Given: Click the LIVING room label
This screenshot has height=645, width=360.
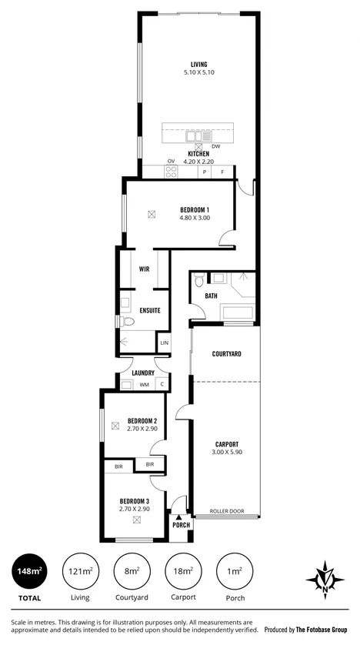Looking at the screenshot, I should click(x=199, y=64).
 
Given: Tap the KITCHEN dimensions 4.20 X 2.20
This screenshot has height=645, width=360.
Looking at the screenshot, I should click(x=199, y=162).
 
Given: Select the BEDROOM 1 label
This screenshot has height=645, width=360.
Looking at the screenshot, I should click(x=195, y=209).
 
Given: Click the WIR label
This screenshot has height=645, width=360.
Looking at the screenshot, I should click(x=144, y=269).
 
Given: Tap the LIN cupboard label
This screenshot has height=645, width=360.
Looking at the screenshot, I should click(x=163, y=343).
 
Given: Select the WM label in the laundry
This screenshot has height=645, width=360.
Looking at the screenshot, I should click(x=144, y=384).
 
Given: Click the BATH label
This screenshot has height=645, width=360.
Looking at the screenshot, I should click(x=211, y=296).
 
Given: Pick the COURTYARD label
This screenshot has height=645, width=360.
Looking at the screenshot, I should click(x=227, y=354).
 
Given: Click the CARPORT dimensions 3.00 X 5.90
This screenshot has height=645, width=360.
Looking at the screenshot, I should click(x=226, y=453).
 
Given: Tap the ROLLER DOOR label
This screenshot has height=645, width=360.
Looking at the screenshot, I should click(x=227, y=510).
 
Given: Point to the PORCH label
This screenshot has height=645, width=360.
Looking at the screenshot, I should click(x=181, y=526).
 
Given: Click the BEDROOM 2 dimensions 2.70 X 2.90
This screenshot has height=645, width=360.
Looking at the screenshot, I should click(x=142, y=428).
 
